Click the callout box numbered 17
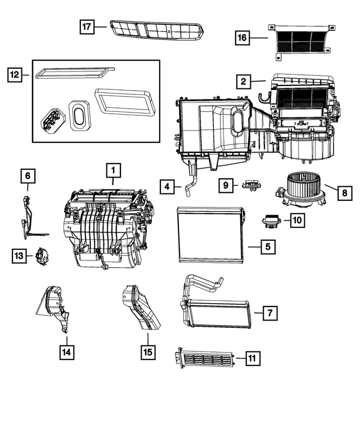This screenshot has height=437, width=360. (86, 26)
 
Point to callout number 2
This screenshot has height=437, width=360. (243, 82)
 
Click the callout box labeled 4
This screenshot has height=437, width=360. (166, 186)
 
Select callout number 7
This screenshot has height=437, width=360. (270, 312)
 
